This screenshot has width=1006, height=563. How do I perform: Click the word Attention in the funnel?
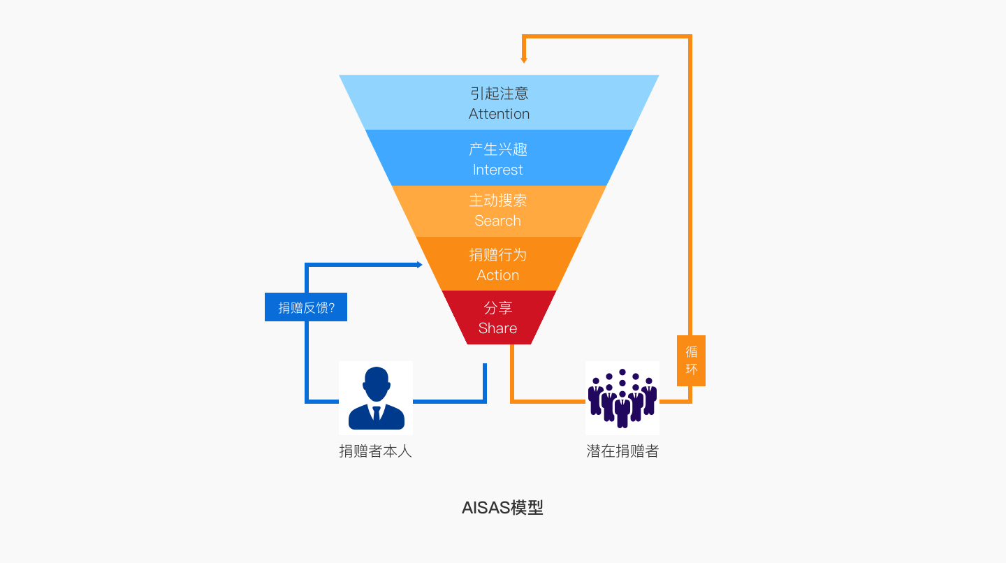pyautogui.click(x=499, y=114)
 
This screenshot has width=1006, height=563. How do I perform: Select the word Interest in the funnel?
pyautogui.click(x=497, y=170)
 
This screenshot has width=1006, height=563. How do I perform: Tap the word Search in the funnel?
pyautogui.click(x=497, y=221)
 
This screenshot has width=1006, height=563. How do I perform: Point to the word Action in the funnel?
pyautogui.click(x=497, y=275)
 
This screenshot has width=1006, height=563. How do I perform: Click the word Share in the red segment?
pyautogui.click(x=497, y=328)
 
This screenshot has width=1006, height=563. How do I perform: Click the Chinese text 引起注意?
pyautogui.click(x=499, y=94)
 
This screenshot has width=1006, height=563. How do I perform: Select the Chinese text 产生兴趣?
pyautogui.click(x=497, y=149)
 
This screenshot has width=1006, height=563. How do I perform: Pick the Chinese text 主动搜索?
pyautogui.click(x=497, y=200)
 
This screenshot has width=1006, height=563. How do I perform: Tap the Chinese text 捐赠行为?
pyautogui.click(x=497, y=255)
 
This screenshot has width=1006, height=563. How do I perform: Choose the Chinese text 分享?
pyautogui.click(x=497, y=308)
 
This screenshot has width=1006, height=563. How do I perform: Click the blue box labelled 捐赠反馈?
pyautogui.click(x=306, y=307)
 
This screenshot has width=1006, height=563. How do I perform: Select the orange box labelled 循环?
pyautogui.click(x=691, y=360)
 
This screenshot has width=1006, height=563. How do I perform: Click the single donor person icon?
pyautogui.click(x=376, y=398)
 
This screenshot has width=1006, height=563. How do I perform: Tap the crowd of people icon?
pyautogui.click(x=622, y=398)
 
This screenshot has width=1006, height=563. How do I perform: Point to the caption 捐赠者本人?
pyautogui.click(x=376, y=451)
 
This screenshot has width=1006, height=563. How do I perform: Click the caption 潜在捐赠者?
pyautogui.click(x=622, y=451)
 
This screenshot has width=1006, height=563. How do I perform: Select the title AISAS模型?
pyautogui.click(x=502, y=508)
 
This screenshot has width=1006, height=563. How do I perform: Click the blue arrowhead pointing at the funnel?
pyautogui.click(x=419, y=265)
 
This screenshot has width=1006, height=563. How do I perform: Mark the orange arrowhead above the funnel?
pyautogui.click(x=524, y=60)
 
